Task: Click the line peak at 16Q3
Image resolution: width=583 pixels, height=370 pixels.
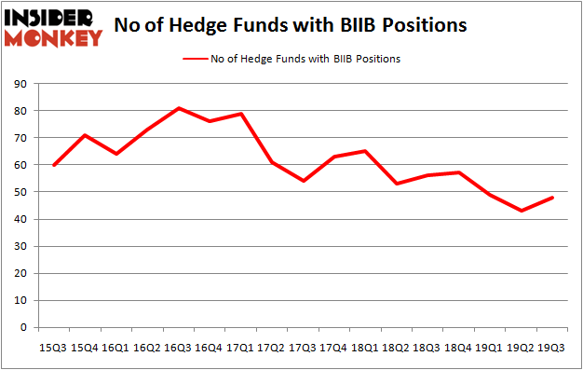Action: click(178, 108)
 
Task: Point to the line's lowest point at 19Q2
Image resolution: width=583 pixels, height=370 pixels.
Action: click(521, 211)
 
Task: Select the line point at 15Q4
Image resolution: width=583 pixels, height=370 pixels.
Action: click(84, 135)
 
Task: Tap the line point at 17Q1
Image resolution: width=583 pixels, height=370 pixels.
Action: click(240, 114)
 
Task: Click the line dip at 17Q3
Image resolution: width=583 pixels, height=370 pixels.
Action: click(303, 181)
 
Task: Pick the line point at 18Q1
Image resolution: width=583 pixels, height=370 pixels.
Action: click(365, 151)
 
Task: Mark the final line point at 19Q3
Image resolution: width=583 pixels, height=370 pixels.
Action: click(552, 198)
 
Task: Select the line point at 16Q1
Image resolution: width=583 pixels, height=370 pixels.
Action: click(115, 154)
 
